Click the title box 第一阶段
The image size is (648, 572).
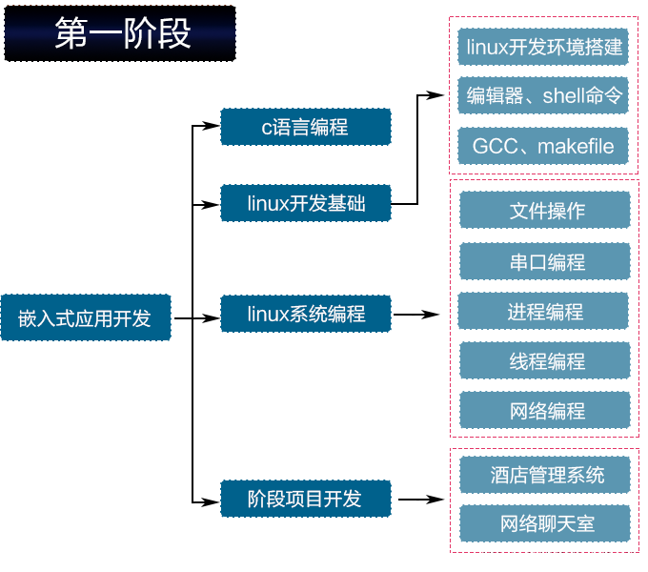click(x=120, y=33)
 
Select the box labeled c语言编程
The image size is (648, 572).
click(x=305, y=127)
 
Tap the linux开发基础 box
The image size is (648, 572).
click(x=305, y=203)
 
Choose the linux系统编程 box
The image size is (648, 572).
click(x=305, y=314)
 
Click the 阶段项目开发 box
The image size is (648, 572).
click(x=305, y=499)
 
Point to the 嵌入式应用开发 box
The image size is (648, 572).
click(x=85, y=317)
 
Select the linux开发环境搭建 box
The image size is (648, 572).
click(x=543, y=46)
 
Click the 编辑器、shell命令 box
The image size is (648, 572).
click(x=543, y=95)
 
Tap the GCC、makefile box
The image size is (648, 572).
click(x=543, y=146)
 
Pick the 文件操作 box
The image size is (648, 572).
click(x=545, y=210)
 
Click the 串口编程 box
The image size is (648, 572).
click(x=545, y=261)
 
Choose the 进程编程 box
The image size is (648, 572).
click(x=545, y=311)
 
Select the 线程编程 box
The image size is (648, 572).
click(x=545, y=360)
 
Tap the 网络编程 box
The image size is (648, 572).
click(x=545, y=410)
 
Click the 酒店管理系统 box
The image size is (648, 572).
click(x=545, y=474)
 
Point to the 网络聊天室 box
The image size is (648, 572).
click(x=545, y=523)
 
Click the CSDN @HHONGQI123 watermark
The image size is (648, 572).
click(x=557, y=555)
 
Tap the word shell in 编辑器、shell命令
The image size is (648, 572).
click(x=563, y=96)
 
